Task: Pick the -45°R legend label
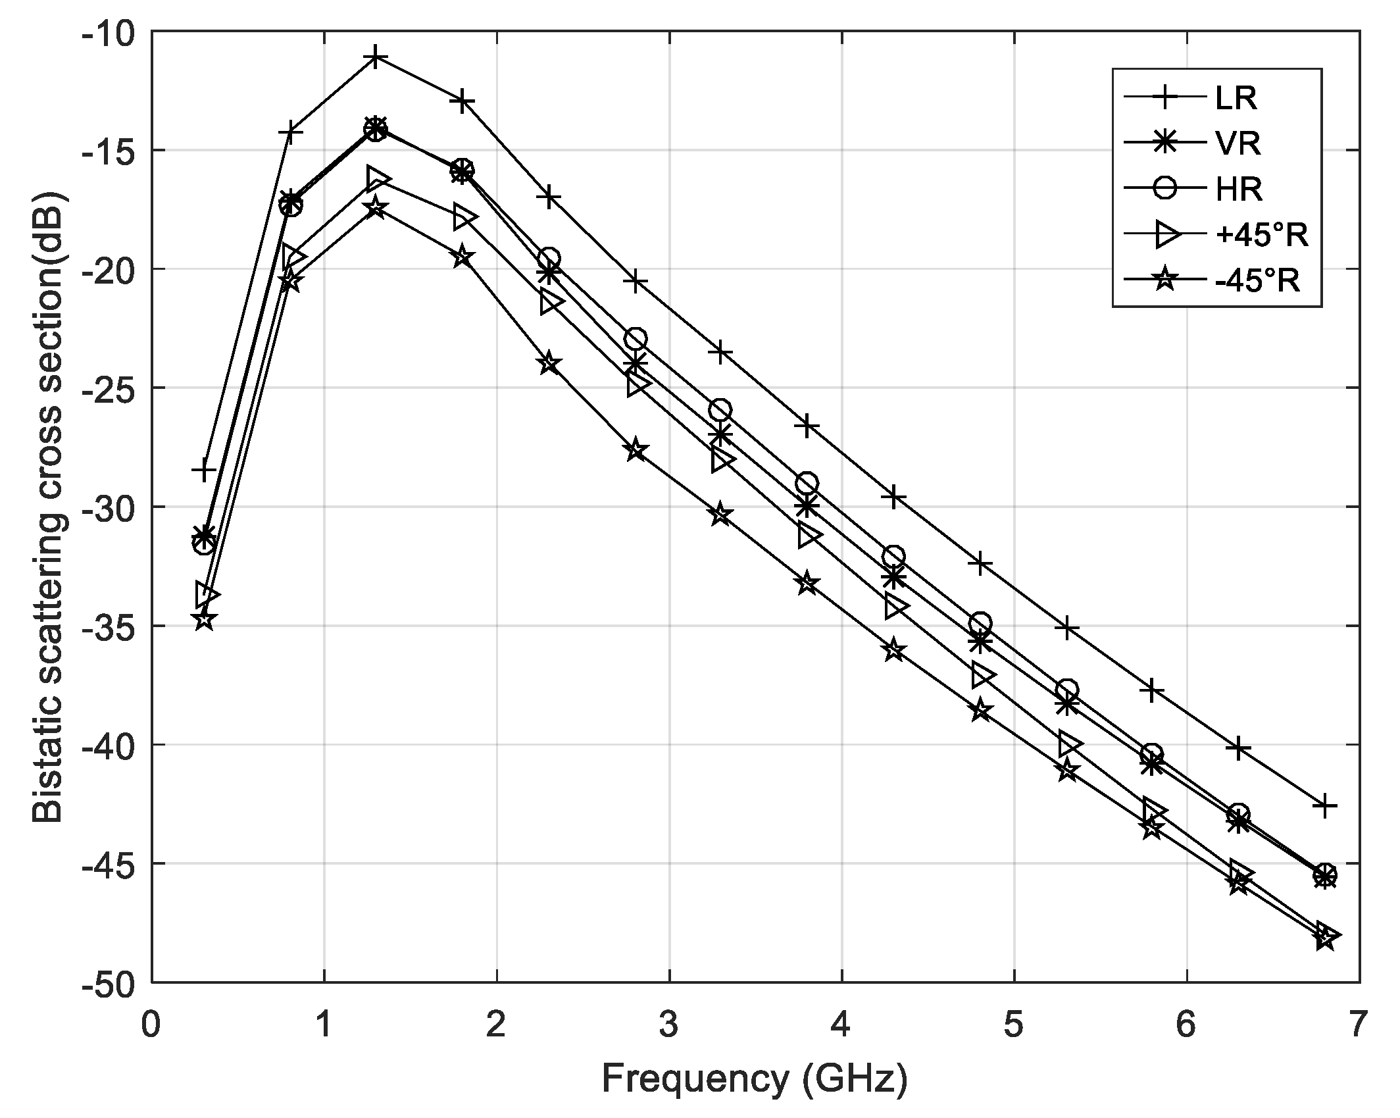tap(1258, 280)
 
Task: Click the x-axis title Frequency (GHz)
tap(755, 1079)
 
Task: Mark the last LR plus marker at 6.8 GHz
tap(1324, 805)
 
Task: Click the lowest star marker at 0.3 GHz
tap(204, 619)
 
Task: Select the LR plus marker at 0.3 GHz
tap(204, 470)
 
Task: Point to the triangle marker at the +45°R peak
tap(378, 178)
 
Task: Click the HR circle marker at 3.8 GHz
tap(807, 483)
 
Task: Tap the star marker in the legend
tap(1164, 280)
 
